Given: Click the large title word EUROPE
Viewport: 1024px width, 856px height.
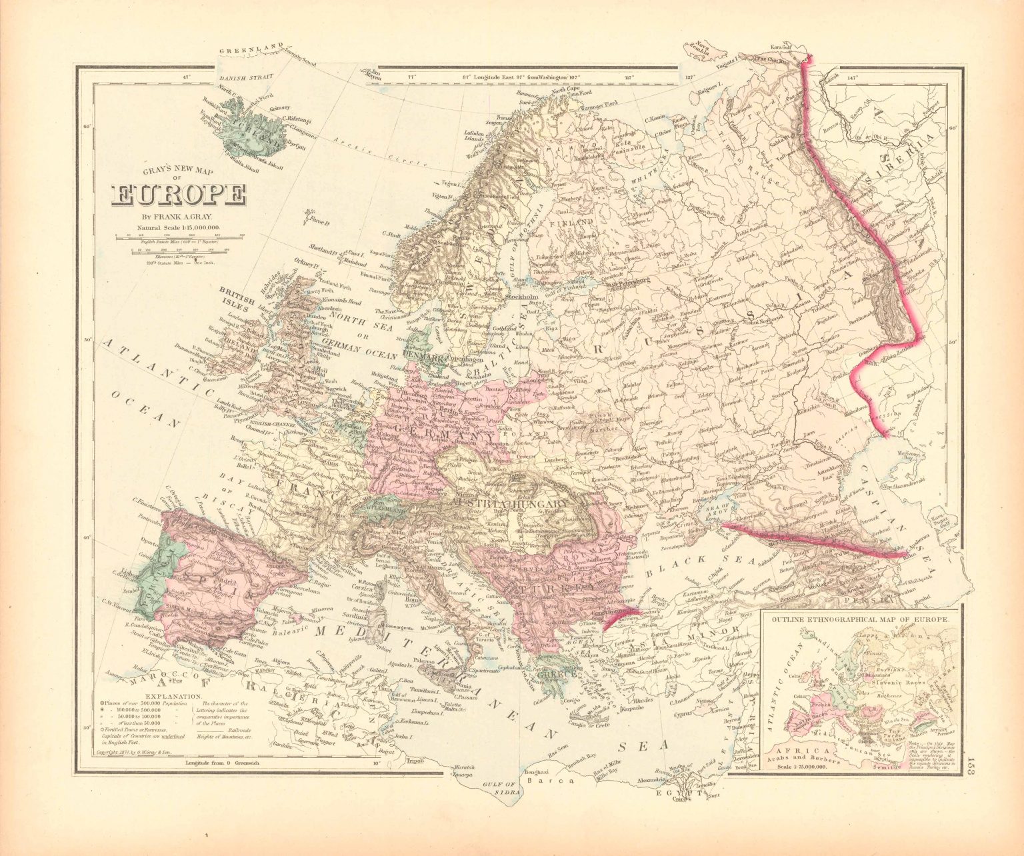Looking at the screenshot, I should [x=179, y=195].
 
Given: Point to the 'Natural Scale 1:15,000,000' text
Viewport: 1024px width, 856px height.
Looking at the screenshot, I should [x=179, y=228].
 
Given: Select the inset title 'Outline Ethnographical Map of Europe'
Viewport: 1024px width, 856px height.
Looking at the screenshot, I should [x=859, y=619].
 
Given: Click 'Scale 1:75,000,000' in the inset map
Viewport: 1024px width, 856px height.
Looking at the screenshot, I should [x=797, y=766].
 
